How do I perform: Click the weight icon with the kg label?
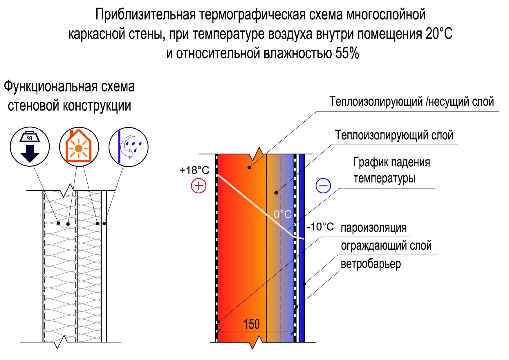point(30,147)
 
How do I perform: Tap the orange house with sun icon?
point(79,147)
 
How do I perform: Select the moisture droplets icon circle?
point(129,147)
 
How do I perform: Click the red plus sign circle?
point(198,186)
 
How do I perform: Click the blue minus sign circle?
point(323,186)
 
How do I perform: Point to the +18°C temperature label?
point(194,170)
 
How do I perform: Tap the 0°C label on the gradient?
point(283,214)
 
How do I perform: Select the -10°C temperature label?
point(320,227)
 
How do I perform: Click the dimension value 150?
point(251,324)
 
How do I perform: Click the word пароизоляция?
point(373,228)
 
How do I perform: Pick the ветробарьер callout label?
point(371,264)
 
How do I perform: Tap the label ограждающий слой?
point(386,246)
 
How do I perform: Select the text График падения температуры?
point(391,170)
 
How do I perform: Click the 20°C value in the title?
point(439,34)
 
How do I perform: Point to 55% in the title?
point(347,53)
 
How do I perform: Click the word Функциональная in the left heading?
point(50,87)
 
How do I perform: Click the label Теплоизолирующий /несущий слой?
point(411,102)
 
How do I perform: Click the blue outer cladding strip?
point(302,261)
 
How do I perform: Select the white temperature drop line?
point(255,203)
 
